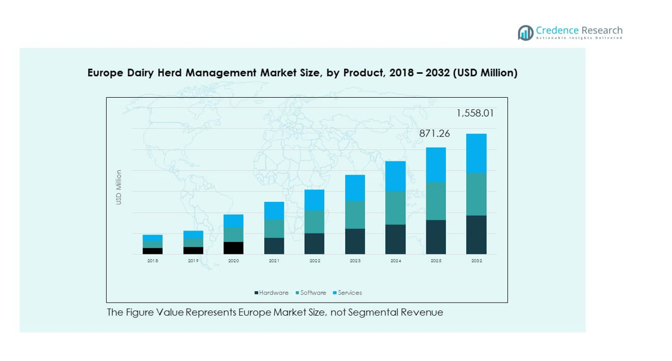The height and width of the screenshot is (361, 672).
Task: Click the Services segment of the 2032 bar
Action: click(476, 153)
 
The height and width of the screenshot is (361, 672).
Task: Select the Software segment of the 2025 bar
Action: click(436, 201)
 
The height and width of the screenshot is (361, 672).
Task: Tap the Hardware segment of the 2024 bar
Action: click(395, 239)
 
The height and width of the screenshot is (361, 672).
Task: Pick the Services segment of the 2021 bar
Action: click(274, 210)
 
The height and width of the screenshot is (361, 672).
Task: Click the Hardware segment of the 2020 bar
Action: click(233, 248)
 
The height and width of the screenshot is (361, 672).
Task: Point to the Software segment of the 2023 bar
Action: click(355, 214)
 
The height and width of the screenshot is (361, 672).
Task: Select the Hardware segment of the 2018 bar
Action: click(153, 251)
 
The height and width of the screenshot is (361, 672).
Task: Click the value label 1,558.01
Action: click(475, 113)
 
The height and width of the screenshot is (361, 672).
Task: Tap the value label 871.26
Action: click(434, 134)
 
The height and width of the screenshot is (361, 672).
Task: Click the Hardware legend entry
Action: click(272, 292)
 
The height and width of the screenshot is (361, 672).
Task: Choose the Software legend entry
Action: click(310, 292)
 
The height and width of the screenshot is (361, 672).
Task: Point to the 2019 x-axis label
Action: click(193, 261)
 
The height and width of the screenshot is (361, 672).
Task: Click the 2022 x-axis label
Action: click(314, 261)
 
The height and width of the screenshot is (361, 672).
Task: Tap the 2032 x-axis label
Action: click(476, 261)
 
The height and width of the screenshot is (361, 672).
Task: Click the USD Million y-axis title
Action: click(119, 188)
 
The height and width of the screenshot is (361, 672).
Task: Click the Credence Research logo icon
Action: click(525, 33)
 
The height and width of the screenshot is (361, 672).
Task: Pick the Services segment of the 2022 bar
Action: click(314, 200)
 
